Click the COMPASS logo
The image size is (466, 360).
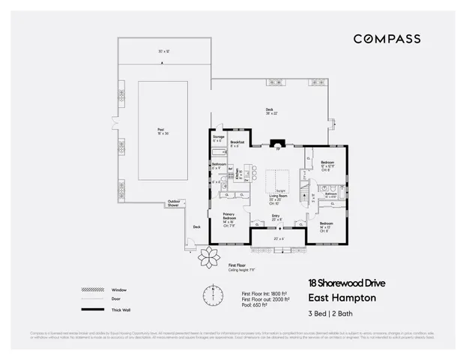pos(387,38)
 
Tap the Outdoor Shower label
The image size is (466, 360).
pos(174,202)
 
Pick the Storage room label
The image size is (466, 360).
pos(219,139)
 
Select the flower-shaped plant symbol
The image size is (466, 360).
pos(206,256)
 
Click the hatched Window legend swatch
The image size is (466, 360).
pos(88,289)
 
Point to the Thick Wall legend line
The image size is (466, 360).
pos(88,310)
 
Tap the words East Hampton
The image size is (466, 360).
pos(342,297)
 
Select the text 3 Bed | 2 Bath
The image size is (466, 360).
pos(331,313)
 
